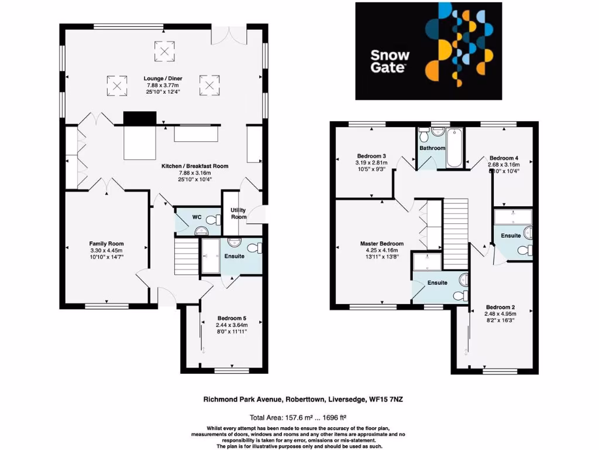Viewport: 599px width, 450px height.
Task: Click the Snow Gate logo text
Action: click(390, 62)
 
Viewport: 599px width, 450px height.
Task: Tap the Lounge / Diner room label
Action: click(164, 78)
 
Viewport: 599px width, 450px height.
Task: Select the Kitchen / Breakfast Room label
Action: click(195, 166)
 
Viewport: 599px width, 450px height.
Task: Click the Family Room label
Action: click(106, 244)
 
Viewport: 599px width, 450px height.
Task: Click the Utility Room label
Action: click(238, 213)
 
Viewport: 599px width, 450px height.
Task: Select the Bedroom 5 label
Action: click(232, 318)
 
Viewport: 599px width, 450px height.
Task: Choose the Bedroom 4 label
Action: click(504, 158)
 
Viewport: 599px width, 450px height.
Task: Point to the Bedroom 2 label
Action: click(501, 307)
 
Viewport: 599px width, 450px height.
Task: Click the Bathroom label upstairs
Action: click(432, 148)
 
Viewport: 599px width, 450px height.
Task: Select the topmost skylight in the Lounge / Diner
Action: click(164, 52)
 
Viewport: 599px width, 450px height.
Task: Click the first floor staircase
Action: click(456, 231)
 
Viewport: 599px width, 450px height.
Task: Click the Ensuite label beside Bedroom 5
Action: click(235, 256)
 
